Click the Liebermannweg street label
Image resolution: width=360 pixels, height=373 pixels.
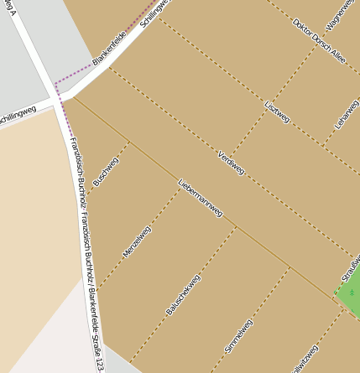pyautogui.click(x=201, y=198)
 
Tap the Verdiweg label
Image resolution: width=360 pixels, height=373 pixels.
pyautogui.click(x=231, y=163)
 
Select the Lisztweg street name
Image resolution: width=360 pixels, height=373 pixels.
pyautogui.click(x=277, y=113)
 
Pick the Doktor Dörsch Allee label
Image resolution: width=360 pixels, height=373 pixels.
pyautogui.click(x=319, y=40)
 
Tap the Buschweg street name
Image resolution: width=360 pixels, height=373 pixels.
pyautogui.click(x=107, y=171)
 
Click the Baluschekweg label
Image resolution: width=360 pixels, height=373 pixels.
pyautogui.click(x=183, y=294)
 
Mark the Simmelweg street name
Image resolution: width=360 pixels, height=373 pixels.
pyautogui.click(x=238, y=335)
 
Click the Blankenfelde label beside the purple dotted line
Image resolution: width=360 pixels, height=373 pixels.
pyautogui.click(x=109, y=49)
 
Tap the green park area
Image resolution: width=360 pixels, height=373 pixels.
pyautogui.click(x=351, y=289)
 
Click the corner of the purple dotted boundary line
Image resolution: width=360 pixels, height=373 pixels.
pyautogui.click(x=56, y=83)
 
